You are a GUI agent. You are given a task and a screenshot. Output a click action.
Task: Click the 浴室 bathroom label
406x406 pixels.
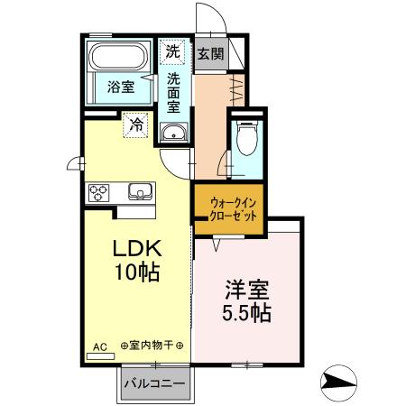[122, 88]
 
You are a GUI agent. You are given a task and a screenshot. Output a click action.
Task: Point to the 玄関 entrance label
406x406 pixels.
[211, 54]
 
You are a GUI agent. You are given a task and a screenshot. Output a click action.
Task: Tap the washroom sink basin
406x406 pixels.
[173, 134]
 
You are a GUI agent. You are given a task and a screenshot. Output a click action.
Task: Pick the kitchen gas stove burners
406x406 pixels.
[98, 191]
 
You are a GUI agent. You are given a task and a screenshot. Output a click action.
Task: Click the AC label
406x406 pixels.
[100, 345]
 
